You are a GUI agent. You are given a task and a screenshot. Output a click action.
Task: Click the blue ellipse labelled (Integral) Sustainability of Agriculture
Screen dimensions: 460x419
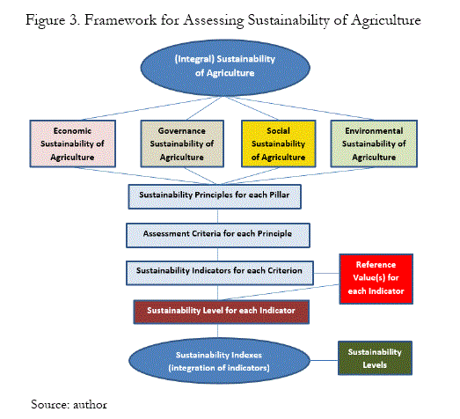pos(225,68)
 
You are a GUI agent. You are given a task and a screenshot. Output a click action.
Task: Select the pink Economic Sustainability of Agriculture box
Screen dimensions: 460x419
pos(72,143)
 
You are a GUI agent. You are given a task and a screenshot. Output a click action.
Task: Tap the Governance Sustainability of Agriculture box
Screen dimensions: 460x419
pos(182,143)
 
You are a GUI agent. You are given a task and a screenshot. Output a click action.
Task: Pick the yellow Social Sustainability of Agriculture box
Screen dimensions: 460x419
pos(278,143)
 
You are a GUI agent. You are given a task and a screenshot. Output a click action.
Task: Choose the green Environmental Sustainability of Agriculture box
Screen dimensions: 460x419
pos(374,143)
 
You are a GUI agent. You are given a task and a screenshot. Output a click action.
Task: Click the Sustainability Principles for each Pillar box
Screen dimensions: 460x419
pos(215,196)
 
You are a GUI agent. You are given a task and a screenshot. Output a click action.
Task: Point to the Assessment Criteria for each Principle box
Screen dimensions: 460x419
pos(217,235)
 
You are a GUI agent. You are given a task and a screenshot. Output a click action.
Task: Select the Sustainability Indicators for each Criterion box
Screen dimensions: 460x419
pos(219,273)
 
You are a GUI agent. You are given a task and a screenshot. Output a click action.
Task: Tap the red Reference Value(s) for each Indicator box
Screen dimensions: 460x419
pos(376,279)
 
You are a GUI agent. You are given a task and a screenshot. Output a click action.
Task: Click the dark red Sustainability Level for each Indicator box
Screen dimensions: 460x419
pos(221,312)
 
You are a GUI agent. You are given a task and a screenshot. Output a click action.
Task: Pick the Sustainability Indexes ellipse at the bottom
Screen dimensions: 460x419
pos(219,361)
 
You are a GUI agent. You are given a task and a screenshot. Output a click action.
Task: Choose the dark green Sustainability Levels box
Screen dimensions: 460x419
pos(375,358)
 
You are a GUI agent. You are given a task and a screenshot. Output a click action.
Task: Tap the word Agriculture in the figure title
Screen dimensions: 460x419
pos(386,21)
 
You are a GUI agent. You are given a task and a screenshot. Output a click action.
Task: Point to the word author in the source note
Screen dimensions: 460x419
pos(90,405)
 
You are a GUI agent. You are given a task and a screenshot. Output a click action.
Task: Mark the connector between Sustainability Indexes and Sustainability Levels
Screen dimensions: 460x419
pos(324,360)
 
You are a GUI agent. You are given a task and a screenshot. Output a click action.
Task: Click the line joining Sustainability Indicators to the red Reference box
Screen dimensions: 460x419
pos(326,273)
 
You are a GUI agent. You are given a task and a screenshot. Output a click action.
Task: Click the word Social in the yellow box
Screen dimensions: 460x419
pos(278,130)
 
